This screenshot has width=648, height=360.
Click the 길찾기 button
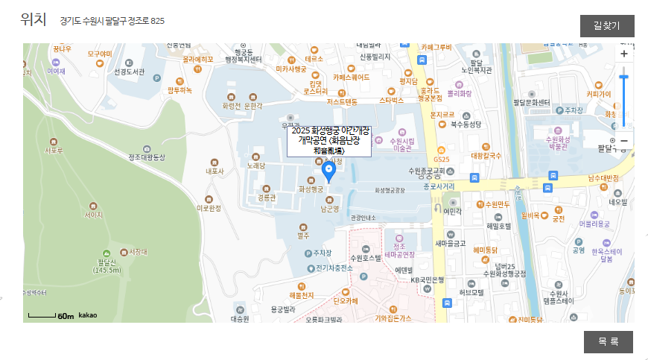(607, 26)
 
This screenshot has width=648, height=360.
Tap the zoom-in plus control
(624, 54)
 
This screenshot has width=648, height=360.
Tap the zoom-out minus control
(624, 141)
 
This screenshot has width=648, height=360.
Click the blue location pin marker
(328, 172)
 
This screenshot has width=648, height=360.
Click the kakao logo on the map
(88, 315)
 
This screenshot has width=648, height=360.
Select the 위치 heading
(34, 20)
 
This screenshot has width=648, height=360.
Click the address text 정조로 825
(112, 21)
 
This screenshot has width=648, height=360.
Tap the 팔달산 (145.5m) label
(107, 266)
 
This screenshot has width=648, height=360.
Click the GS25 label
(442, 160)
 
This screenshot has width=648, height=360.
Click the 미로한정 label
(209, 209)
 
